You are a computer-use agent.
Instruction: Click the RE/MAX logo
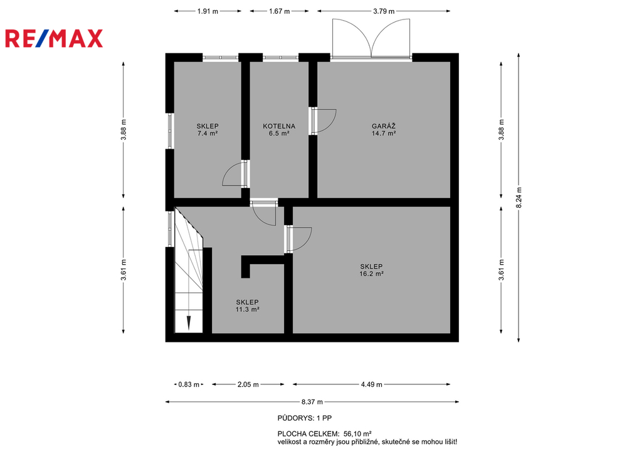click(54, 38)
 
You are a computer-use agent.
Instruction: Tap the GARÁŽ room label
click(384, 126)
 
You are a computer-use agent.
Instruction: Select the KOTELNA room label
click(279, 126)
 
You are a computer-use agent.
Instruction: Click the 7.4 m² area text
click(207, 134)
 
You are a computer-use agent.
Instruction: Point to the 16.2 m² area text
click(371, 274)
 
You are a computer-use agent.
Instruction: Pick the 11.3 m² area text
click(247, 310)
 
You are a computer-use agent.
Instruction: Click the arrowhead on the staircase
click(188, 323)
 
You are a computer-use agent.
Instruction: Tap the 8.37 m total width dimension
click(312, 402)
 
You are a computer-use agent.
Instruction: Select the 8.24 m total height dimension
click(518, 198)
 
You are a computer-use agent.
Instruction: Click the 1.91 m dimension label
click(208, 11)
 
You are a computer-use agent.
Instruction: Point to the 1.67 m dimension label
click(279, 11)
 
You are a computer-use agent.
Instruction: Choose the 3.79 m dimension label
click(384, 11)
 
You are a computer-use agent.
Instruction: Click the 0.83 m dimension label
click(189, 384)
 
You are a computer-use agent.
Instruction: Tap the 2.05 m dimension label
click(248, 384)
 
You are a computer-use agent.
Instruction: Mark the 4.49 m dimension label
click(371, 384)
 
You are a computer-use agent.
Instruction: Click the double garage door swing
click(371, 39)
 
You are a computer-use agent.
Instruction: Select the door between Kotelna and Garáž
click(324, 121)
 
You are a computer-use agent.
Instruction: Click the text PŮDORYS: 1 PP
click(305, 418)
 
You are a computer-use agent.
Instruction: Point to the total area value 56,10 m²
click(357, 433)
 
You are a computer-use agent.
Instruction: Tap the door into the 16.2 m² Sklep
click(300, 239)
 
